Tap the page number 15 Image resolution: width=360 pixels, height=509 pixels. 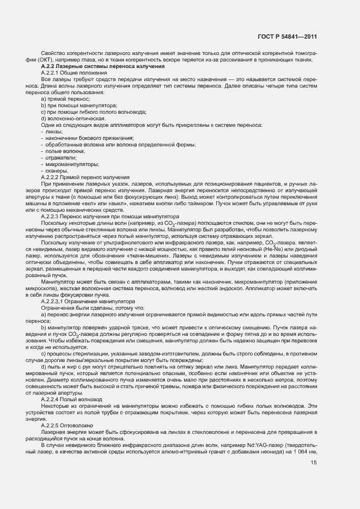[x=314, y=463]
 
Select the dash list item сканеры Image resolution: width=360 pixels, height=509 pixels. [x=56, y=170]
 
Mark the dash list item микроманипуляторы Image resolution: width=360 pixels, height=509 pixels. [x=69, y=164]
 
